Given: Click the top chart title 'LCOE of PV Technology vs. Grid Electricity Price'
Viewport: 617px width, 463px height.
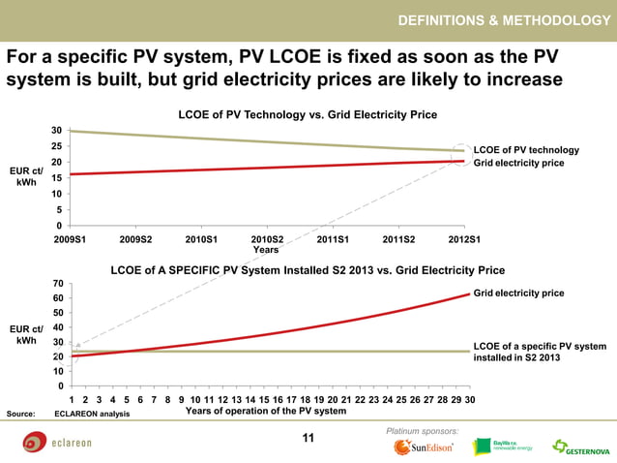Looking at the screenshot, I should (x=308, y=114).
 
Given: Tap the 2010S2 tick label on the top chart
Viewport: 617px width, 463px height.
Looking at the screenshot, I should (x=267, y=237).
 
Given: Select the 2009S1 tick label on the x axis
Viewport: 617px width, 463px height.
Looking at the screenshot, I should (x=70, y=237).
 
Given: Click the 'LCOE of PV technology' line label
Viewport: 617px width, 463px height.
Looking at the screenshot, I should (x=526, y=150).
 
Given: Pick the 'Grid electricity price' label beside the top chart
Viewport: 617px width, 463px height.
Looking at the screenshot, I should (x=518, y=163).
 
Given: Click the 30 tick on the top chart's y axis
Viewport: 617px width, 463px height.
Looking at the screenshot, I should (x=58, y=130).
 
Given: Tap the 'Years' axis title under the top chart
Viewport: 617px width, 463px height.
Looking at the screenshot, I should (x=266, y=249).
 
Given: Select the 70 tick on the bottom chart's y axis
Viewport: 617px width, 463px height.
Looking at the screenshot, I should (x=58, y=283).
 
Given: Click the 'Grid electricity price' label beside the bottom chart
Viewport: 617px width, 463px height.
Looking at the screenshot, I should (x=518, y=293).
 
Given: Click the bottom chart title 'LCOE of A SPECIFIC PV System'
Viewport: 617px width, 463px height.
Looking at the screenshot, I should (x=308, y=270).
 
